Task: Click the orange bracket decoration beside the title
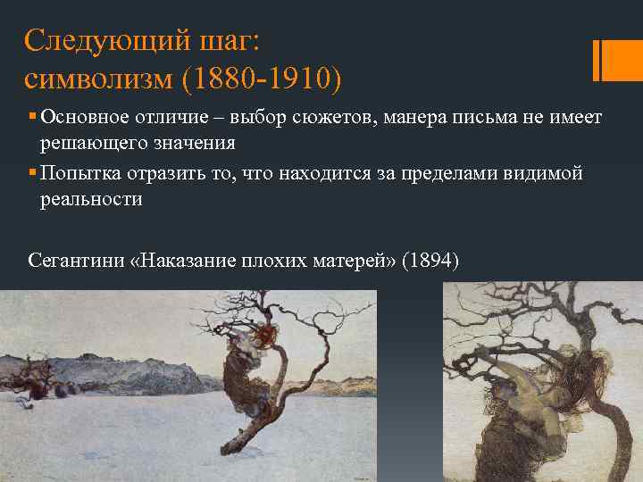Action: click(x=610, y=60)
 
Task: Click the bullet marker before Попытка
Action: click(x=31, y=172)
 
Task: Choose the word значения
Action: click(x=194, y=144)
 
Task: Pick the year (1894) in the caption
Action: click(x=430, y=262)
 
